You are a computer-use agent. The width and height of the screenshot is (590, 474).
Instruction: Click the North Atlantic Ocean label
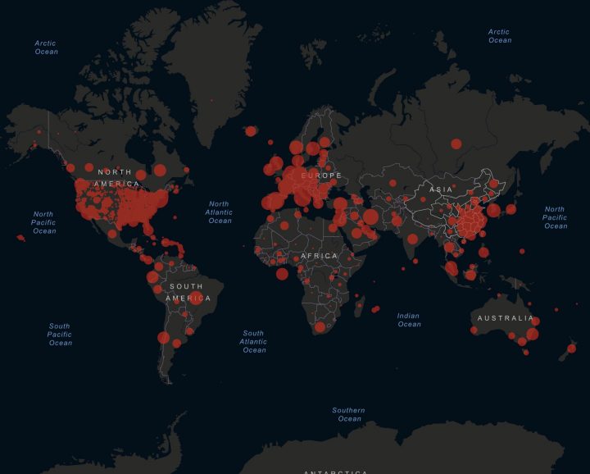point(220,212)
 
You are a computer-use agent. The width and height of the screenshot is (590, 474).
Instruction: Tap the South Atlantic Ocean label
point(254,341)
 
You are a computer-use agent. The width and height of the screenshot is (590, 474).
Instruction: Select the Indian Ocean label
point(409,320)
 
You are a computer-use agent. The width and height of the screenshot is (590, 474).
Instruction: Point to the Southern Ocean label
point(349,414)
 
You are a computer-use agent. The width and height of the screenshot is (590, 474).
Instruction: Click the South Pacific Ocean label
point(60,334)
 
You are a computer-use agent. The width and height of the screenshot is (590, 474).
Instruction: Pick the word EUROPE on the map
point(320,176)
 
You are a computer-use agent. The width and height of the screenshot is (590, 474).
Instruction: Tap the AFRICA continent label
point(319,256)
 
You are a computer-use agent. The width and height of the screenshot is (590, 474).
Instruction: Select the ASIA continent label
point(441,189)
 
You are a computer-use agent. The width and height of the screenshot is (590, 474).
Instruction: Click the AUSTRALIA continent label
point(506,318)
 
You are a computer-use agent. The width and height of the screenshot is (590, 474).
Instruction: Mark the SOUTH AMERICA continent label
point(188,292)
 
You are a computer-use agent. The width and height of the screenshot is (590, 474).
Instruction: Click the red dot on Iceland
point(251,130)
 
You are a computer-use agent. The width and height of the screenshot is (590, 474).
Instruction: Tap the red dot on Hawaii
point(20,238)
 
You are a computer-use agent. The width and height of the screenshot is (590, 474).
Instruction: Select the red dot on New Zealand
point(571,349)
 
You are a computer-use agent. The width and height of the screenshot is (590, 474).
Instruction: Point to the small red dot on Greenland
point(211,100)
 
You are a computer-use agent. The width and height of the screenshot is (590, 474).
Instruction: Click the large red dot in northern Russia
point(456,144)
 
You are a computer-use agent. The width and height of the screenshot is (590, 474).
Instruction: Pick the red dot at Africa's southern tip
point(320,327)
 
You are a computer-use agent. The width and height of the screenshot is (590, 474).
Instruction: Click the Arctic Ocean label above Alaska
point(46,47)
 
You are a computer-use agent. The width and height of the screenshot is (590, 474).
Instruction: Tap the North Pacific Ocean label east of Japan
point(555,217)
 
